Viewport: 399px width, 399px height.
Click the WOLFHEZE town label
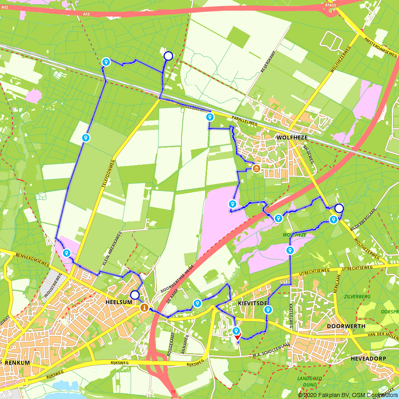[x=288, y=137]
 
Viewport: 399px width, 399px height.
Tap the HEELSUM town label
[x=119, y=303]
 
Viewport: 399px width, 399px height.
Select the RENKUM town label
[x=16, y=363]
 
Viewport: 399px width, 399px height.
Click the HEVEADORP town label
[x=368, y=359]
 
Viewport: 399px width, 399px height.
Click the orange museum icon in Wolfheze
[x=256, y=169]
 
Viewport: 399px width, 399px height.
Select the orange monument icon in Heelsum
[x=144, y=308]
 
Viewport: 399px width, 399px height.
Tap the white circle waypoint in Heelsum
[x=135, y=295]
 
